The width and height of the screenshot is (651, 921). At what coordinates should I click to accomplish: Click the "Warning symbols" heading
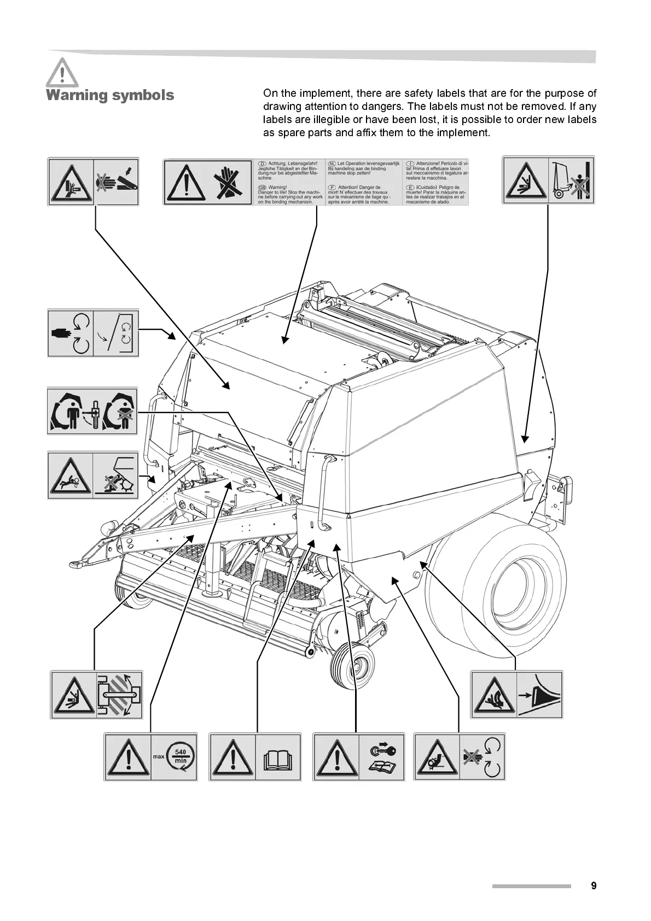pyautogui.click(x=110, y=95)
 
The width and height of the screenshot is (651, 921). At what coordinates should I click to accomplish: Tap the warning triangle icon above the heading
pyautogui.click(x=62, y=72)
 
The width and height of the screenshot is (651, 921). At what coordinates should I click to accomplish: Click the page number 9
pyautogui.click(x=594, y=885)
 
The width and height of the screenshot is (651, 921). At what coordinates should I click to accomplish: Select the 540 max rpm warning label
pyautogui.click(x=150, y=757)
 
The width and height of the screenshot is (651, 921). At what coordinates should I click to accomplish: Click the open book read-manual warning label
pyautogui.click(x=255, y=757)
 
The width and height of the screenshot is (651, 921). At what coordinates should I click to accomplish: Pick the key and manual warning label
pyautogui.click(x=359, y=757)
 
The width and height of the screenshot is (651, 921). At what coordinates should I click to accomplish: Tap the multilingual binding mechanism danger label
pyautogui.click(x=316, y=182)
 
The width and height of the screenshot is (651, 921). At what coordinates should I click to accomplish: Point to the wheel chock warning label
pyautogui.click(x=516, y=695)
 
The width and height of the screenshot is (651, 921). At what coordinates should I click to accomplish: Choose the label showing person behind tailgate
pyautogui.click(x=548, y=180)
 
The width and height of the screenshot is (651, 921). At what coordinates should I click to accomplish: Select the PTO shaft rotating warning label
pyautogui.click(x=96, y=695)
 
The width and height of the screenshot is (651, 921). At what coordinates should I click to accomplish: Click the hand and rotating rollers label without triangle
pyautogui.click(x=93, y=333)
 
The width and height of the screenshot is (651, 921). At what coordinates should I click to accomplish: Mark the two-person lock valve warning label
pyautogui.click(x=92, y=411)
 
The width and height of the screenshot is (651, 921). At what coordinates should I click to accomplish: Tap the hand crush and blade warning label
pyautogui.click(x=93, y=182)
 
